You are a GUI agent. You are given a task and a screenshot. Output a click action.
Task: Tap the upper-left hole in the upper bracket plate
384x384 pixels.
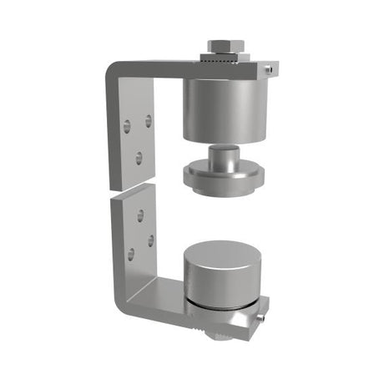pyautogui.click(x=127, y=127)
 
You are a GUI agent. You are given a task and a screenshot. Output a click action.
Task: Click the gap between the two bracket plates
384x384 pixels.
pyautogui.click(x=134, y=191)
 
